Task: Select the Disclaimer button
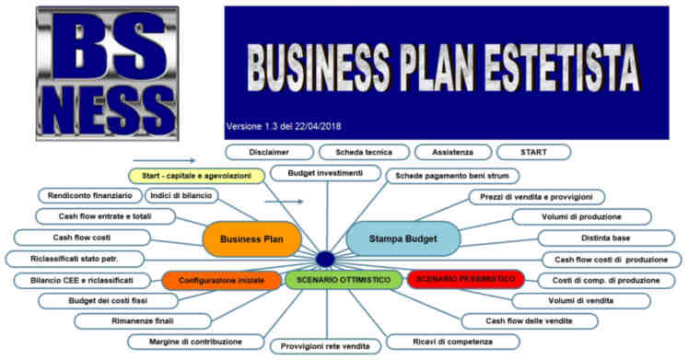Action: (x=269, y=152)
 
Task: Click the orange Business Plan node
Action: (x=252, y=238)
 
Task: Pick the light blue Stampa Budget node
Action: (x=403, y=238)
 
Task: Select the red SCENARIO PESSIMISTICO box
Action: (x=465, y=279)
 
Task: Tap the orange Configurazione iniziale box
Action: (x=221, y=279)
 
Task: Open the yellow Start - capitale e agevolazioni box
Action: (x=196, y=175)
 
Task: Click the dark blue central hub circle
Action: (x=324, y=259)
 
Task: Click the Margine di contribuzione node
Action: (x=198, y=342)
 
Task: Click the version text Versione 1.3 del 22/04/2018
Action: (x=289, y=126)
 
